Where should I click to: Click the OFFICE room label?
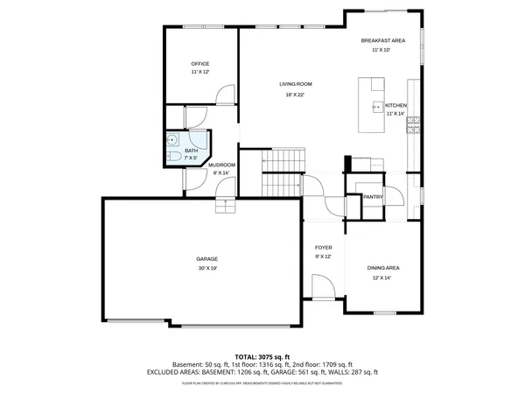(200, 64)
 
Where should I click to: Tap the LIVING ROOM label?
(296, 84)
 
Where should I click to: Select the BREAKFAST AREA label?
(382, 41)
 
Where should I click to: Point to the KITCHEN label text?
(395, 105)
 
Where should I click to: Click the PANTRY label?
(373, 197)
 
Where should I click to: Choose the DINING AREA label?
(383, 267)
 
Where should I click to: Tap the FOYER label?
(323, 248)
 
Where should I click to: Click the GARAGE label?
(206, 259)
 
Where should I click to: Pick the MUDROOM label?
(221, 165)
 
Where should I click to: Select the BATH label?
(191, 151)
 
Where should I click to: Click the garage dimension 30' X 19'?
(206, 269)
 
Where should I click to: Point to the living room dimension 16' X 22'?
(296, 95)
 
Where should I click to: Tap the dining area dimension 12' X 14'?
(382, 278)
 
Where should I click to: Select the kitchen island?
(371, 105)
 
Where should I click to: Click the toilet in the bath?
(172, 157)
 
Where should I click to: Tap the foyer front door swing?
(321, 286)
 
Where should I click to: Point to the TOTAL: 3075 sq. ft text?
(262, 356)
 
